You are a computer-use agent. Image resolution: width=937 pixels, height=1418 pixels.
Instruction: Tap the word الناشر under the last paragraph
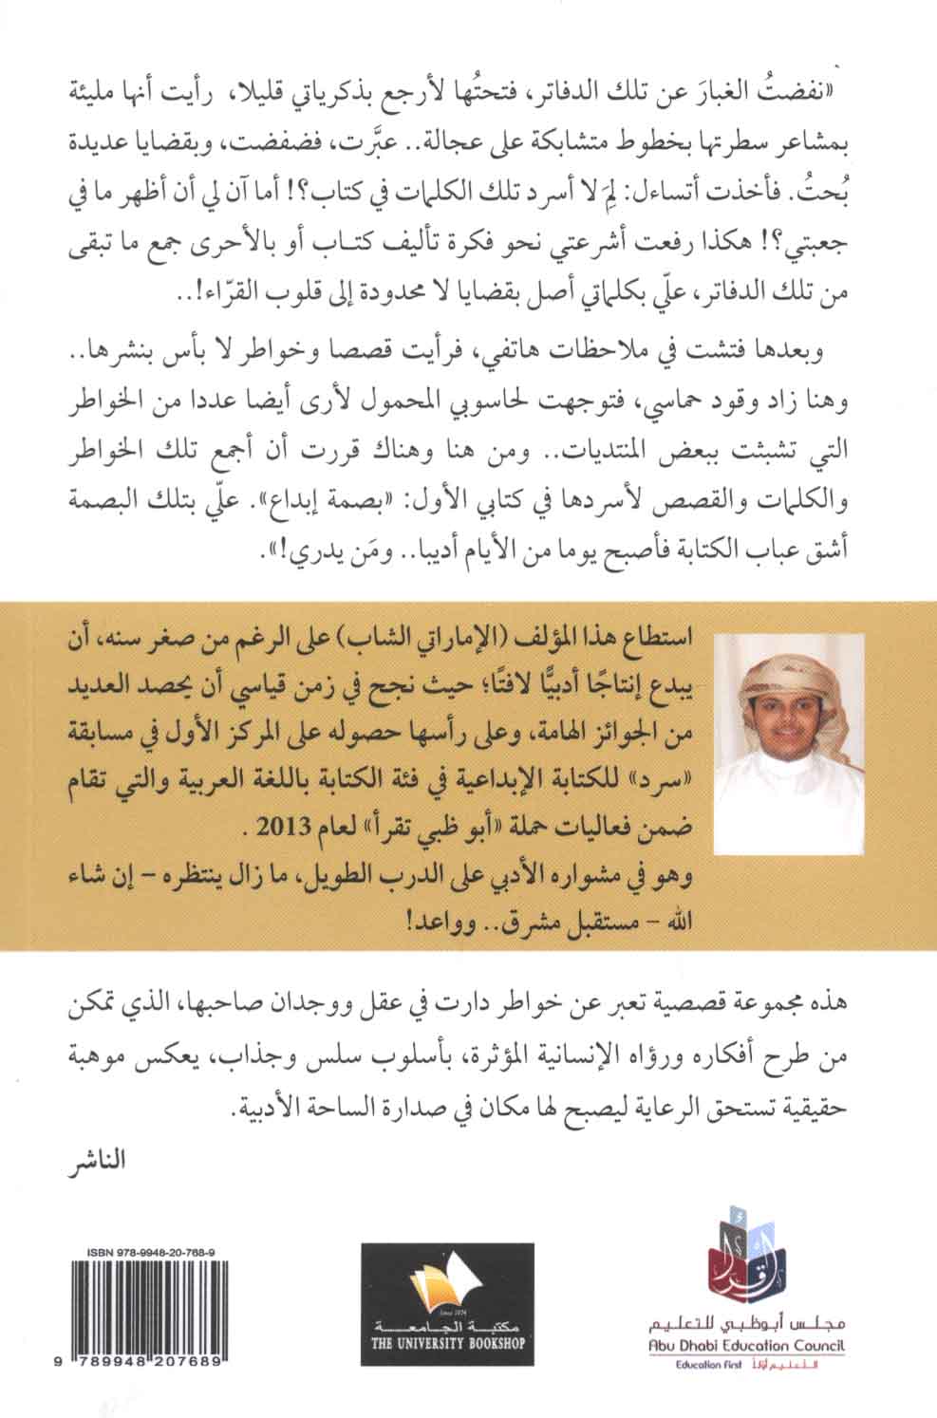[103, 1160]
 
